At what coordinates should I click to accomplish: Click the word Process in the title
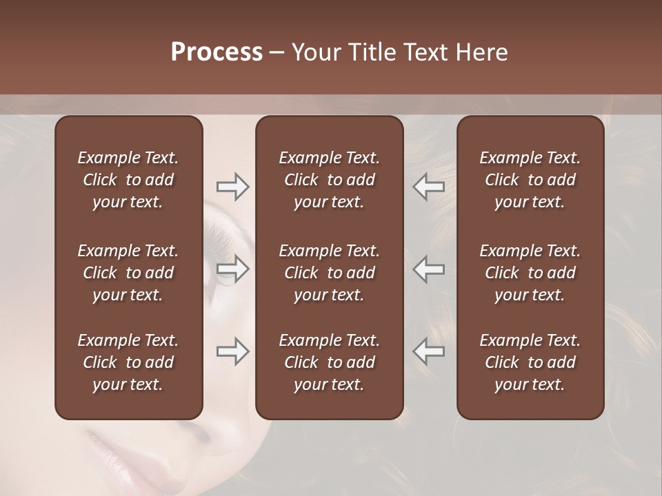click(x=217, y=52)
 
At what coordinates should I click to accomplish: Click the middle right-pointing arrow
click(x=232, y=269)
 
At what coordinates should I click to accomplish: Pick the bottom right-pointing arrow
click(x=232, y=351)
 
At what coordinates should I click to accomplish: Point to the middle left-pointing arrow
click(x=429, y=269)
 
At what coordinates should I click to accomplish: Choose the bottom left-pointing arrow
click(x=429, y=351)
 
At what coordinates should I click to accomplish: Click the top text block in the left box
click(x=128, y=180)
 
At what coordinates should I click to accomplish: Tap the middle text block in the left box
click(x=128, y=273)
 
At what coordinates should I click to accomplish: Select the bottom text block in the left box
click(x=128, y=362)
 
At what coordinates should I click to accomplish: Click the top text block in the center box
click(x=329, y=180)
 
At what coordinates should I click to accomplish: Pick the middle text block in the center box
click(x=329, y=273)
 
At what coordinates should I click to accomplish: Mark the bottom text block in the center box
click(x=329, y=362)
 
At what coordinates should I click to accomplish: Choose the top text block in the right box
click(x=530, y=180)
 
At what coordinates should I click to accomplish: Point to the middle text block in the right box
click(x=530, y=273)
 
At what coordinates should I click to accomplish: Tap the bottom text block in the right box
click(x=530, y=362)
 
